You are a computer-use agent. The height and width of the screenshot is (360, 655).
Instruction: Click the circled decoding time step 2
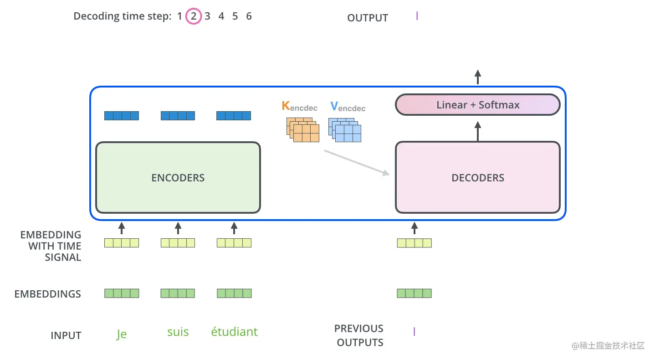194,17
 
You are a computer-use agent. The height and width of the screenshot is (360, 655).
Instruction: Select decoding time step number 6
249,16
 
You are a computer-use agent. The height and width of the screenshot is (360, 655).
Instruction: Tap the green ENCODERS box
178,178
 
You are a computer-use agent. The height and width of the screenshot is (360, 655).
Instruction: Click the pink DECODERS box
477,178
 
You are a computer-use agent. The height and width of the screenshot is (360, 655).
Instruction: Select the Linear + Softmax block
477,105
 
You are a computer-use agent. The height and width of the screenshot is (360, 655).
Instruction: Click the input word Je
122,334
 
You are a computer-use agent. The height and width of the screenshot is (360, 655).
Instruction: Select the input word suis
178,332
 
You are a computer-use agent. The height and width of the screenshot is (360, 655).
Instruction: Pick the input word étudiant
234,332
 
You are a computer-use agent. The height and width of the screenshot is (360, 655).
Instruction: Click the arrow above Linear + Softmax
477,77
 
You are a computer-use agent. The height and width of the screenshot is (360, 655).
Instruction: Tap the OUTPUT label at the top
367,18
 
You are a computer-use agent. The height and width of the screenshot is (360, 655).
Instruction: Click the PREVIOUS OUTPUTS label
359,335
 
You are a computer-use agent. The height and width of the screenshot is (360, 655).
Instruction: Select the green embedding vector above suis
178,293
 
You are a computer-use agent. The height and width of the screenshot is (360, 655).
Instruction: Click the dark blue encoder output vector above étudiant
234,116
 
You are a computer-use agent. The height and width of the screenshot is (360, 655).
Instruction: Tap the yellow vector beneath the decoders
414,243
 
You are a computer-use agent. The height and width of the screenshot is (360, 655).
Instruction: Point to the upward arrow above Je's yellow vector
121,228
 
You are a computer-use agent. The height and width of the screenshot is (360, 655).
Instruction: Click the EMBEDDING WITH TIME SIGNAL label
51,246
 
